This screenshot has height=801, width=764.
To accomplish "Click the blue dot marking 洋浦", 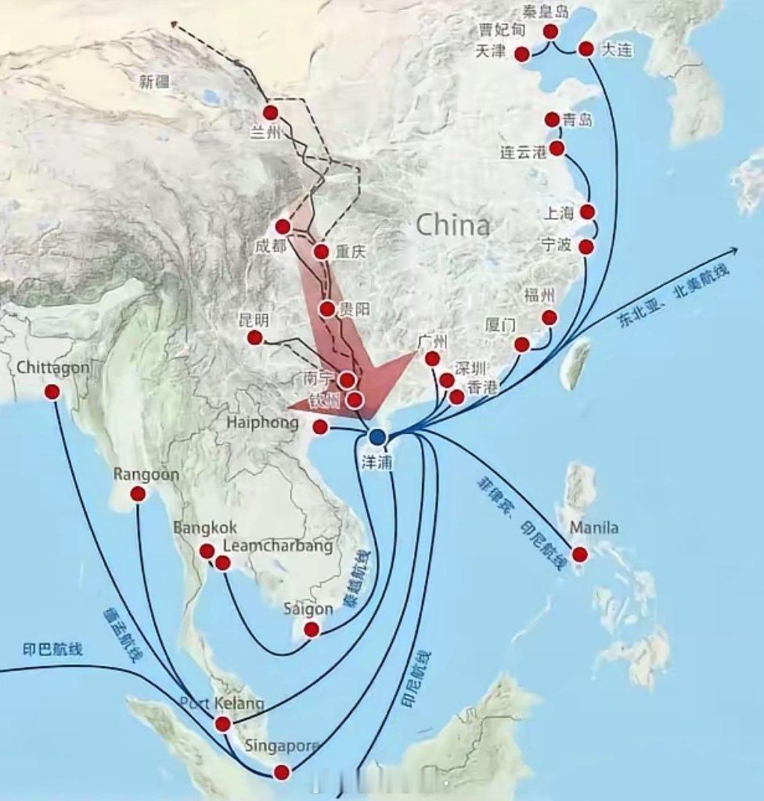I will pos(378,436).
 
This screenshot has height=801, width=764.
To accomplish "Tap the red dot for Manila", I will pos(580,555).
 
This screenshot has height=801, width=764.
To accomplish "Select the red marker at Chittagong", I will pos(52,392).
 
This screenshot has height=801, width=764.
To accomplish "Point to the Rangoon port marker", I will pos(138,494).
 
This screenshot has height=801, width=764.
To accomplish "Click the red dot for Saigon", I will pos(312,629).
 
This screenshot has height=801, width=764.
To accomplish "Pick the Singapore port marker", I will pos(282,772).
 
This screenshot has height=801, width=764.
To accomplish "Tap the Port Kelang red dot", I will pos(222,724).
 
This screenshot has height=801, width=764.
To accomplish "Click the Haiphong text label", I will pos(263,423).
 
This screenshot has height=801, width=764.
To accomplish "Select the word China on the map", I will pos(453,226).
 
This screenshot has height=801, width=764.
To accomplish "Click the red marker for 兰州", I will pos(271,112).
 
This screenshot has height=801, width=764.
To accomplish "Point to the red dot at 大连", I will pos(586,48).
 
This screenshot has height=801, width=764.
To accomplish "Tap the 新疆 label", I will pos(154,80).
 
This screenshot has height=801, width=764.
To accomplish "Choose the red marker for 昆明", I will pos(254,337).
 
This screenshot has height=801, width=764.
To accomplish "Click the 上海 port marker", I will pos(588,212).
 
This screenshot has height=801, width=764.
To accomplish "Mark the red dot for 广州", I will pos(432,358).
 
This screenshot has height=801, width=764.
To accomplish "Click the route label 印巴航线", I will pos(52,649).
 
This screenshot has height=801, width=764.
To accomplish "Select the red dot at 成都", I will pos(283,227).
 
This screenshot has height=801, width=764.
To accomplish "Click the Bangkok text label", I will pos(205,529).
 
